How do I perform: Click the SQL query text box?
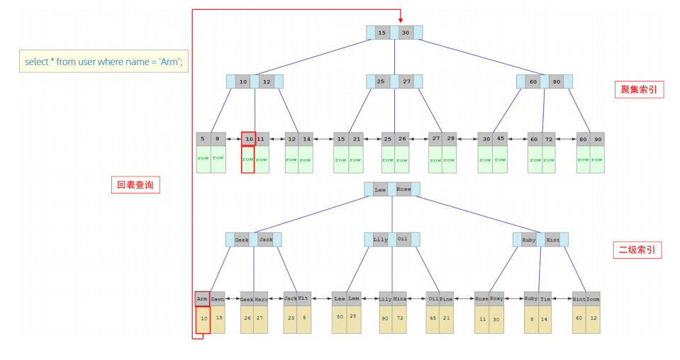pyautogui.click(x=104, y=62)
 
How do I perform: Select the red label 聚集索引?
pyautogui.click(x=638, y=89)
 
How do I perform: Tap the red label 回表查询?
pyautogui.click(x=135, y=186)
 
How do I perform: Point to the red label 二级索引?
pyautogui.click(x=637, y=249)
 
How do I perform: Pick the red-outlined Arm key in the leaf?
pyautogui.click(x=202, y=299)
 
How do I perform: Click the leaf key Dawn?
pyautogui.click(x=218, y=299)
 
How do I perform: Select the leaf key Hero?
pyautogui.click(x=261, y=299)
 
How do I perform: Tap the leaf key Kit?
pyautogui.click(x=304, y=298)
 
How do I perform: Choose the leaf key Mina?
pyautogui.click(x=400, y=299)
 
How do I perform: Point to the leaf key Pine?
pyautogui.click(x=446, y=299)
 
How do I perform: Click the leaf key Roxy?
pyautogui.click(x=496, y=299)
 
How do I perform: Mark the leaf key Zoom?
pyautogui.click(x=593, y=299)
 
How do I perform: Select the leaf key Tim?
pyautogui.click(x=545, y=299)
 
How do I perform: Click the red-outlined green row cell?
pyautogui.click(x=247, y=159)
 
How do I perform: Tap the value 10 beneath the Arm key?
pyautogui.click(x=204, y=319)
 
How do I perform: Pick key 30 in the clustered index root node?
pyautogui.click(x=406, y=33)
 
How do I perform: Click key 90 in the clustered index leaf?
pyautogui.click(x=598, y=139)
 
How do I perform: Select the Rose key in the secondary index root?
pyautogui.click(x=403, y=189)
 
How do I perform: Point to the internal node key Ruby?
pyautogui.click(x=529, y=240)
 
